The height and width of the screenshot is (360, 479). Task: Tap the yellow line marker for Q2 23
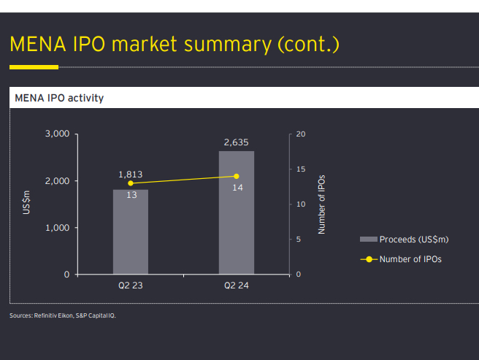(x=131, y=183)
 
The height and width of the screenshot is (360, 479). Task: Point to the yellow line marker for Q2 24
(x=237, y=176)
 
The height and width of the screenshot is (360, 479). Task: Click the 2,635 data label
(x=237, y=142)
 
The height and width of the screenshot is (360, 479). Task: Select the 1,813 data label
(x=131, y=175)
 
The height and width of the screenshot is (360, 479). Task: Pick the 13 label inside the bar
(x=132, y=195)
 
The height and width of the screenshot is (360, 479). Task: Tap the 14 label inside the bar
(x=238, y=188)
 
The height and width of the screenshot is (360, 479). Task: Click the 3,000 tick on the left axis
(x=56, y=134)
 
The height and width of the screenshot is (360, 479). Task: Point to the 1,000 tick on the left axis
(x=56, y=228)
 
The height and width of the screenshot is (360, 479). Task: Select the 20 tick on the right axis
(x=302, y=134)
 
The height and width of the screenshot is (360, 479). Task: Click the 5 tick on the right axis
(x=299, y=240)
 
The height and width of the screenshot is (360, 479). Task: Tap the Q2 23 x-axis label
(x=131, y=285)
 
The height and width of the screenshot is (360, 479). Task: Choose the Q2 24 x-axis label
(x=237, y=285)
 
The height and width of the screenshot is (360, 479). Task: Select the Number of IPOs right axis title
(x=321, y=204)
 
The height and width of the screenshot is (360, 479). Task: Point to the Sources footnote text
(x=63, y=315)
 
